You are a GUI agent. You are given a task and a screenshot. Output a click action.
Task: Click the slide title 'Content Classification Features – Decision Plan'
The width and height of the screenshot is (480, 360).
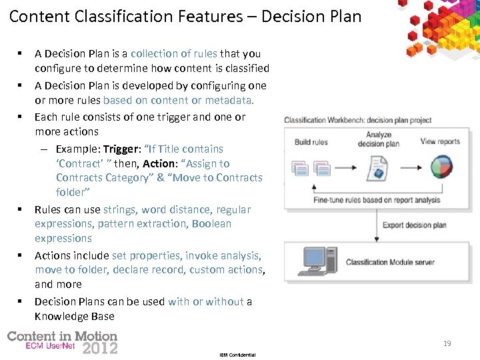pos(185,16)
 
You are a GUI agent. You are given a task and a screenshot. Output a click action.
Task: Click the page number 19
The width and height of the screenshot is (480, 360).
pos(447,343)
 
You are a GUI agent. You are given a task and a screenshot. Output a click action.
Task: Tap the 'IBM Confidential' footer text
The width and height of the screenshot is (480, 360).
pos(237,355)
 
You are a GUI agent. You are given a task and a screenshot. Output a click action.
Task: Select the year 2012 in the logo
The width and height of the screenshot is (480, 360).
pos(99,348)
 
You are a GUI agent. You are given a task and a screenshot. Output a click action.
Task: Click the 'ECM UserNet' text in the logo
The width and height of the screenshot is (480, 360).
pos(50,347)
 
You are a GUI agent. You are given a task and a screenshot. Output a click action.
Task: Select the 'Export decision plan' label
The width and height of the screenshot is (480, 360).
pos(414,225)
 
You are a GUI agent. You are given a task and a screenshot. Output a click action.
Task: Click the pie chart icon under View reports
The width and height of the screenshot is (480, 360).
pos(441,166)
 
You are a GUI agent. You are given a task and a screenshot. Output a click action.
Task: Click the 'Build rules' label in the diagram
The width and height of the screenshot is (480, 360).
pos(311,142)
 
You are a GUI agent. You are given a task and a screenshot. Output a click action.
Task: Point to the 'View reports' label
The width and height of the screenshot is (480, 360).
pos(440,141)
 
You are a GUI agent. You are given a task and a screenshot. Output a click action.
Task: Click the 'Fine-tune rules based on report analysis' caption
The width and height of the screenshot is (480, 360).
pos(377,199)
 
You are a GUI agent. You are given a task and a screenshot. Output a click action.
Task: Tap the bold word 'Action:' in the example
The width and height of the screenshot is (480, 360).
pos(161,163)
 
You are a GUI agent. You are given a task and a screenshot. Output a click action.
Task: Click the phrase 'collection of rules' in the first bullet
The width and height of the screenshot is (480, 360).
pos(174,53)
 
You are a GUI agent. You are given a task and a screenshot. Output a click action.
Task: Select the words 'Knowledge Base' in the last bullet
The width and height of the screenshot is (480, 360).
pos(74,316)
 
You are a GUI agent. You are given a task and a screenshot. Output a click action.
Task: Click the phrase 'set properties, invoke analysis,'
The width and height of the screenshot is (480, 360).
pos(187,255)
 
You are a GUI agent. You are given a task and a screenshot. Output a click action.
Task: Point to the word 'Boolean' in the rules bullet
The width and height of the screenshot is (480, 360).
pos(211,223)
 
